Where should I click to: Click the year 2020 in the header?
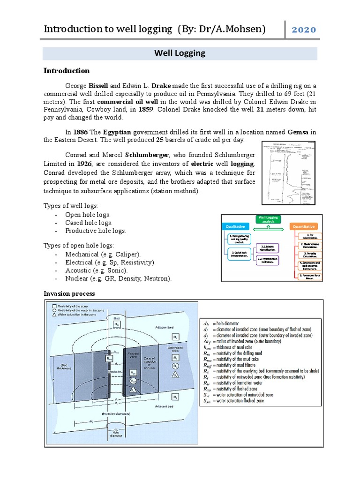click(304, 30)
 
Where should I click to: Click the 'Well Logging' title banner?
click(180, 53)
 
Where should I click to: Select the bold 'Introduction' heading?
click(67, 71)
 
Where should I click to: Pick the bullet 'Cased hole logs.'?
click(89, 223)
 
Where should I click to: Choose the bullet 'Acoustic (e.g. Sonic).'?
click(97, 270)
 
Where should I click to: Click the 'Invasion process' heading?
click(69, 293)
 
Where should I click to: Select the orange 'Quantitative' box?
click(304, 226)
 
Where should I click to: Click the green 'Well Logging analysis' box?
click(269, 219)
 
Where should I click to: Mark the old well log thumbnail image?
click(287, 172)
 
